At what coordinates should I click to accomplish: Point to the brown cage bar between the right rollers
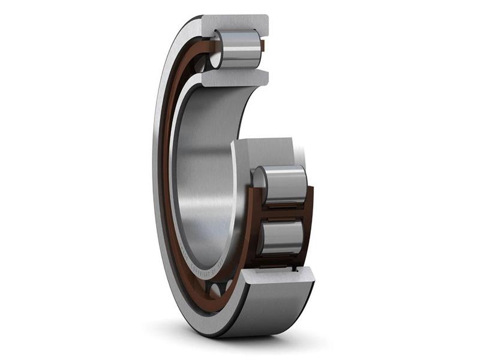pos(282,211)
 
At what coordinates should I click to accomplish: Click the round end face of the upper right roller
pos(259,180)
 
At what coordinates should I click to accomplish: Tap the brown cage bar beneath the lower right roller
pos(279,261)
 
